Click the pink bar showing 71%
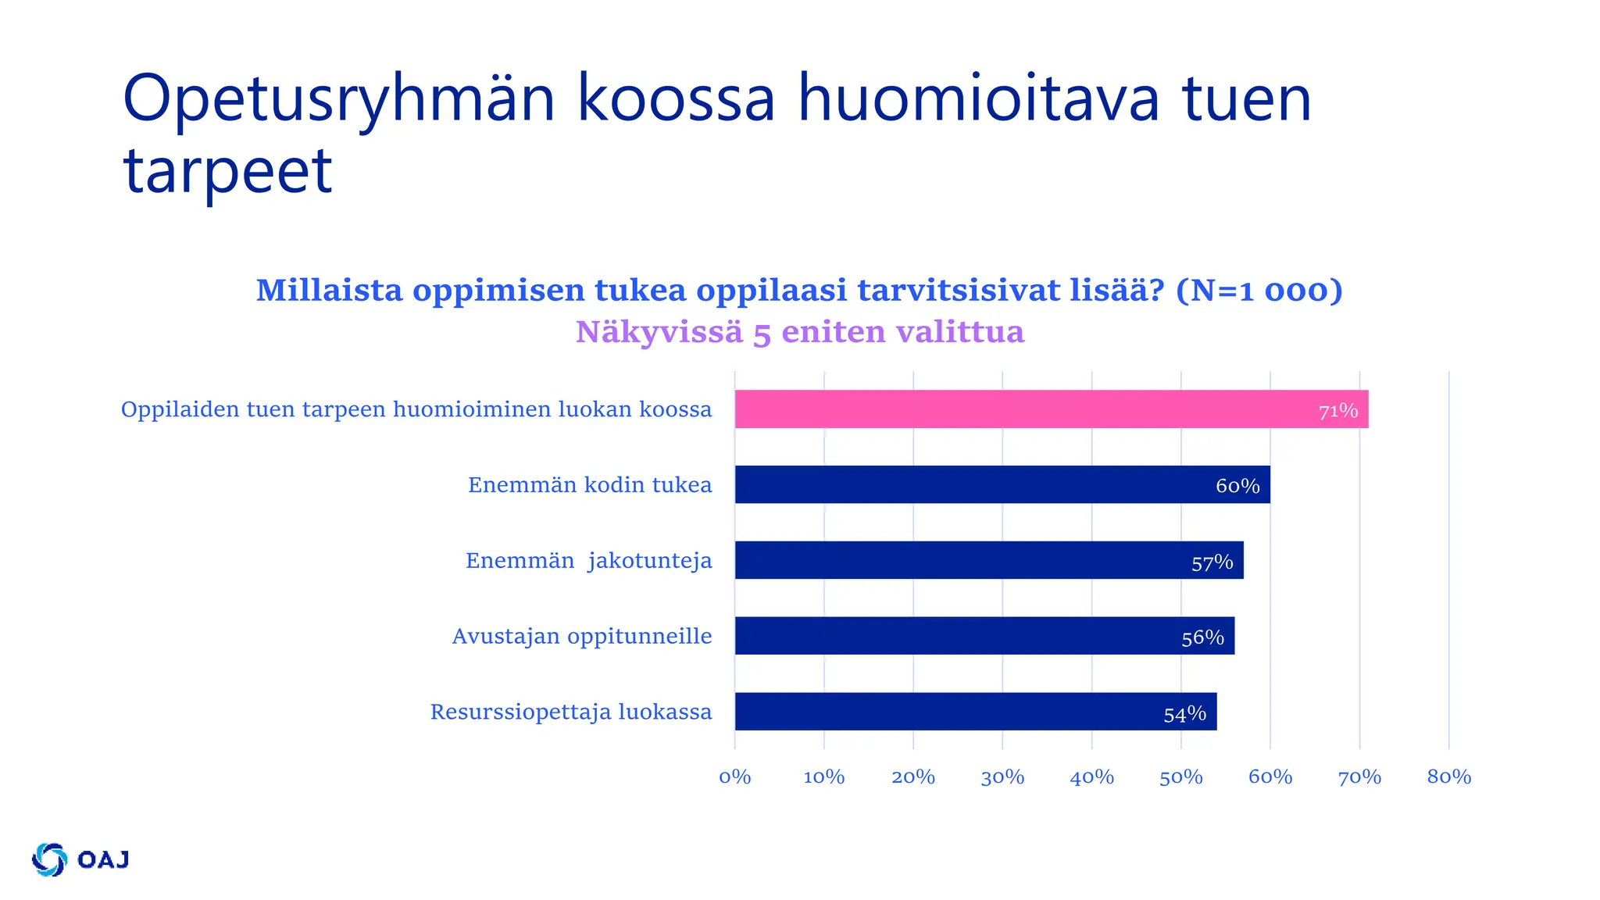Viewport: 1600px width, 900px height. [1051, 409]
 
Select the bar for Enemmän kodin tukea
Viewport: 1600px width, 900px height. [1002, 485]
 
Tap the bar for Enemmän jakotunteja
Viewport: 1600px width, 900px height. [988, 560]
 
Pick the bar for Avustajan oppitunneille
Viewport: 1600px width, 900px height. [984, 636]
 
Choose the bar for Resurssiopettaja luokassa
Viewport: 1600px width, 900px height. [975, 712]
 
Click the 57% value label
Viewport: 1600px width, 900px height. [1212, 562]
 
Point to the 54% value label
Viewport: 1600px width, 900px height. [1184, 714]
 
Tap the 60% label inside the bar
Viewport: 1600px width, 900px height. [1237, 486]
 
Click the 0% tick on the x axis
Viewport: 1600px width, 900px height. [734, 777]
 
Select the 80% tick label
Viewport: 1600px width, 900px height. [1448, 777]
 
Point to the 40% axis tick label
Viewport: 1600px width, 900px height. [1091, 777]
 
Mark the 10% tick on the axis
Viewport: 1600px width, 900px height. [823, 777]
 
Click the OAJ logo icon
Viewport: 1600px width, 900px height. [49, 859]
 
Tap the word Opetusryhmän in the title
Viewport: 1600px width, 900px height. [338, 99]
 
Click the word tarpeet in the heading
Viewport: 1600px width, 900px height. [227, 170]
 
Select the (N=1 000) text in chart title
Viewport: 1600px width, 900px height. [1259, 290]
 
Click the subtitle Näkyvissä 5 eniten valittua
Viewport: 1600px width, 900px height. [799, 332]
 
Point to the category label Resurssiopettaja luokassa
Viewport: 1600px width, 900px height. [570, 712]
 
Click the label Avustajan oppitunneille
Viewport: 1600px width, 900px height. [581, 636]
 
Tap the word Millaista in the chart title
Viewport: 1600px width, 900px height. [329, 290]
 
